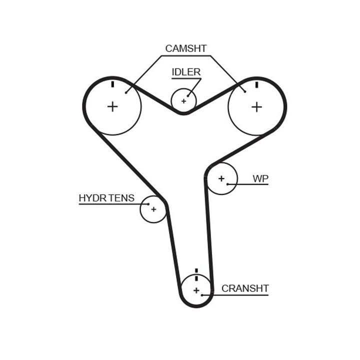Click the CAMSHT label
point(185,48)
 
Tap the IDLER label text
point(186,72)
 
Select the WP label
point(260,178)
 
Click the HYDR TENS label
point(106,198)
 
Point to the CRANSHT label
point(245,288)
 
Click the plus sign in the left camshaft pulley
point(112,106)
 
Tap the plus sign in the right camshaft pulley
point(256,106)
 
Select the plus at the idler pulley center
point(183,101)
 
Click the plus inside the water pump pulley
point(221,178)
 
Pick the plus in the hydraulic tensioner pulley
point(153,209)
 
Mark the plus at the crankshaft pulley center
point(196,290)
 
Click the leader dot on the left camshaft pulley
point(126,91)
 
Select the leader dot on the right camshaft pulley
point(244,91)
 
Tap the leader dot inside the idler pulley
point(188,96)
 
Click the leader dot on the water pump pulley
point(228,184)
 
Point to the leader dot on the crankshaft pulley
point(202,295)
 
